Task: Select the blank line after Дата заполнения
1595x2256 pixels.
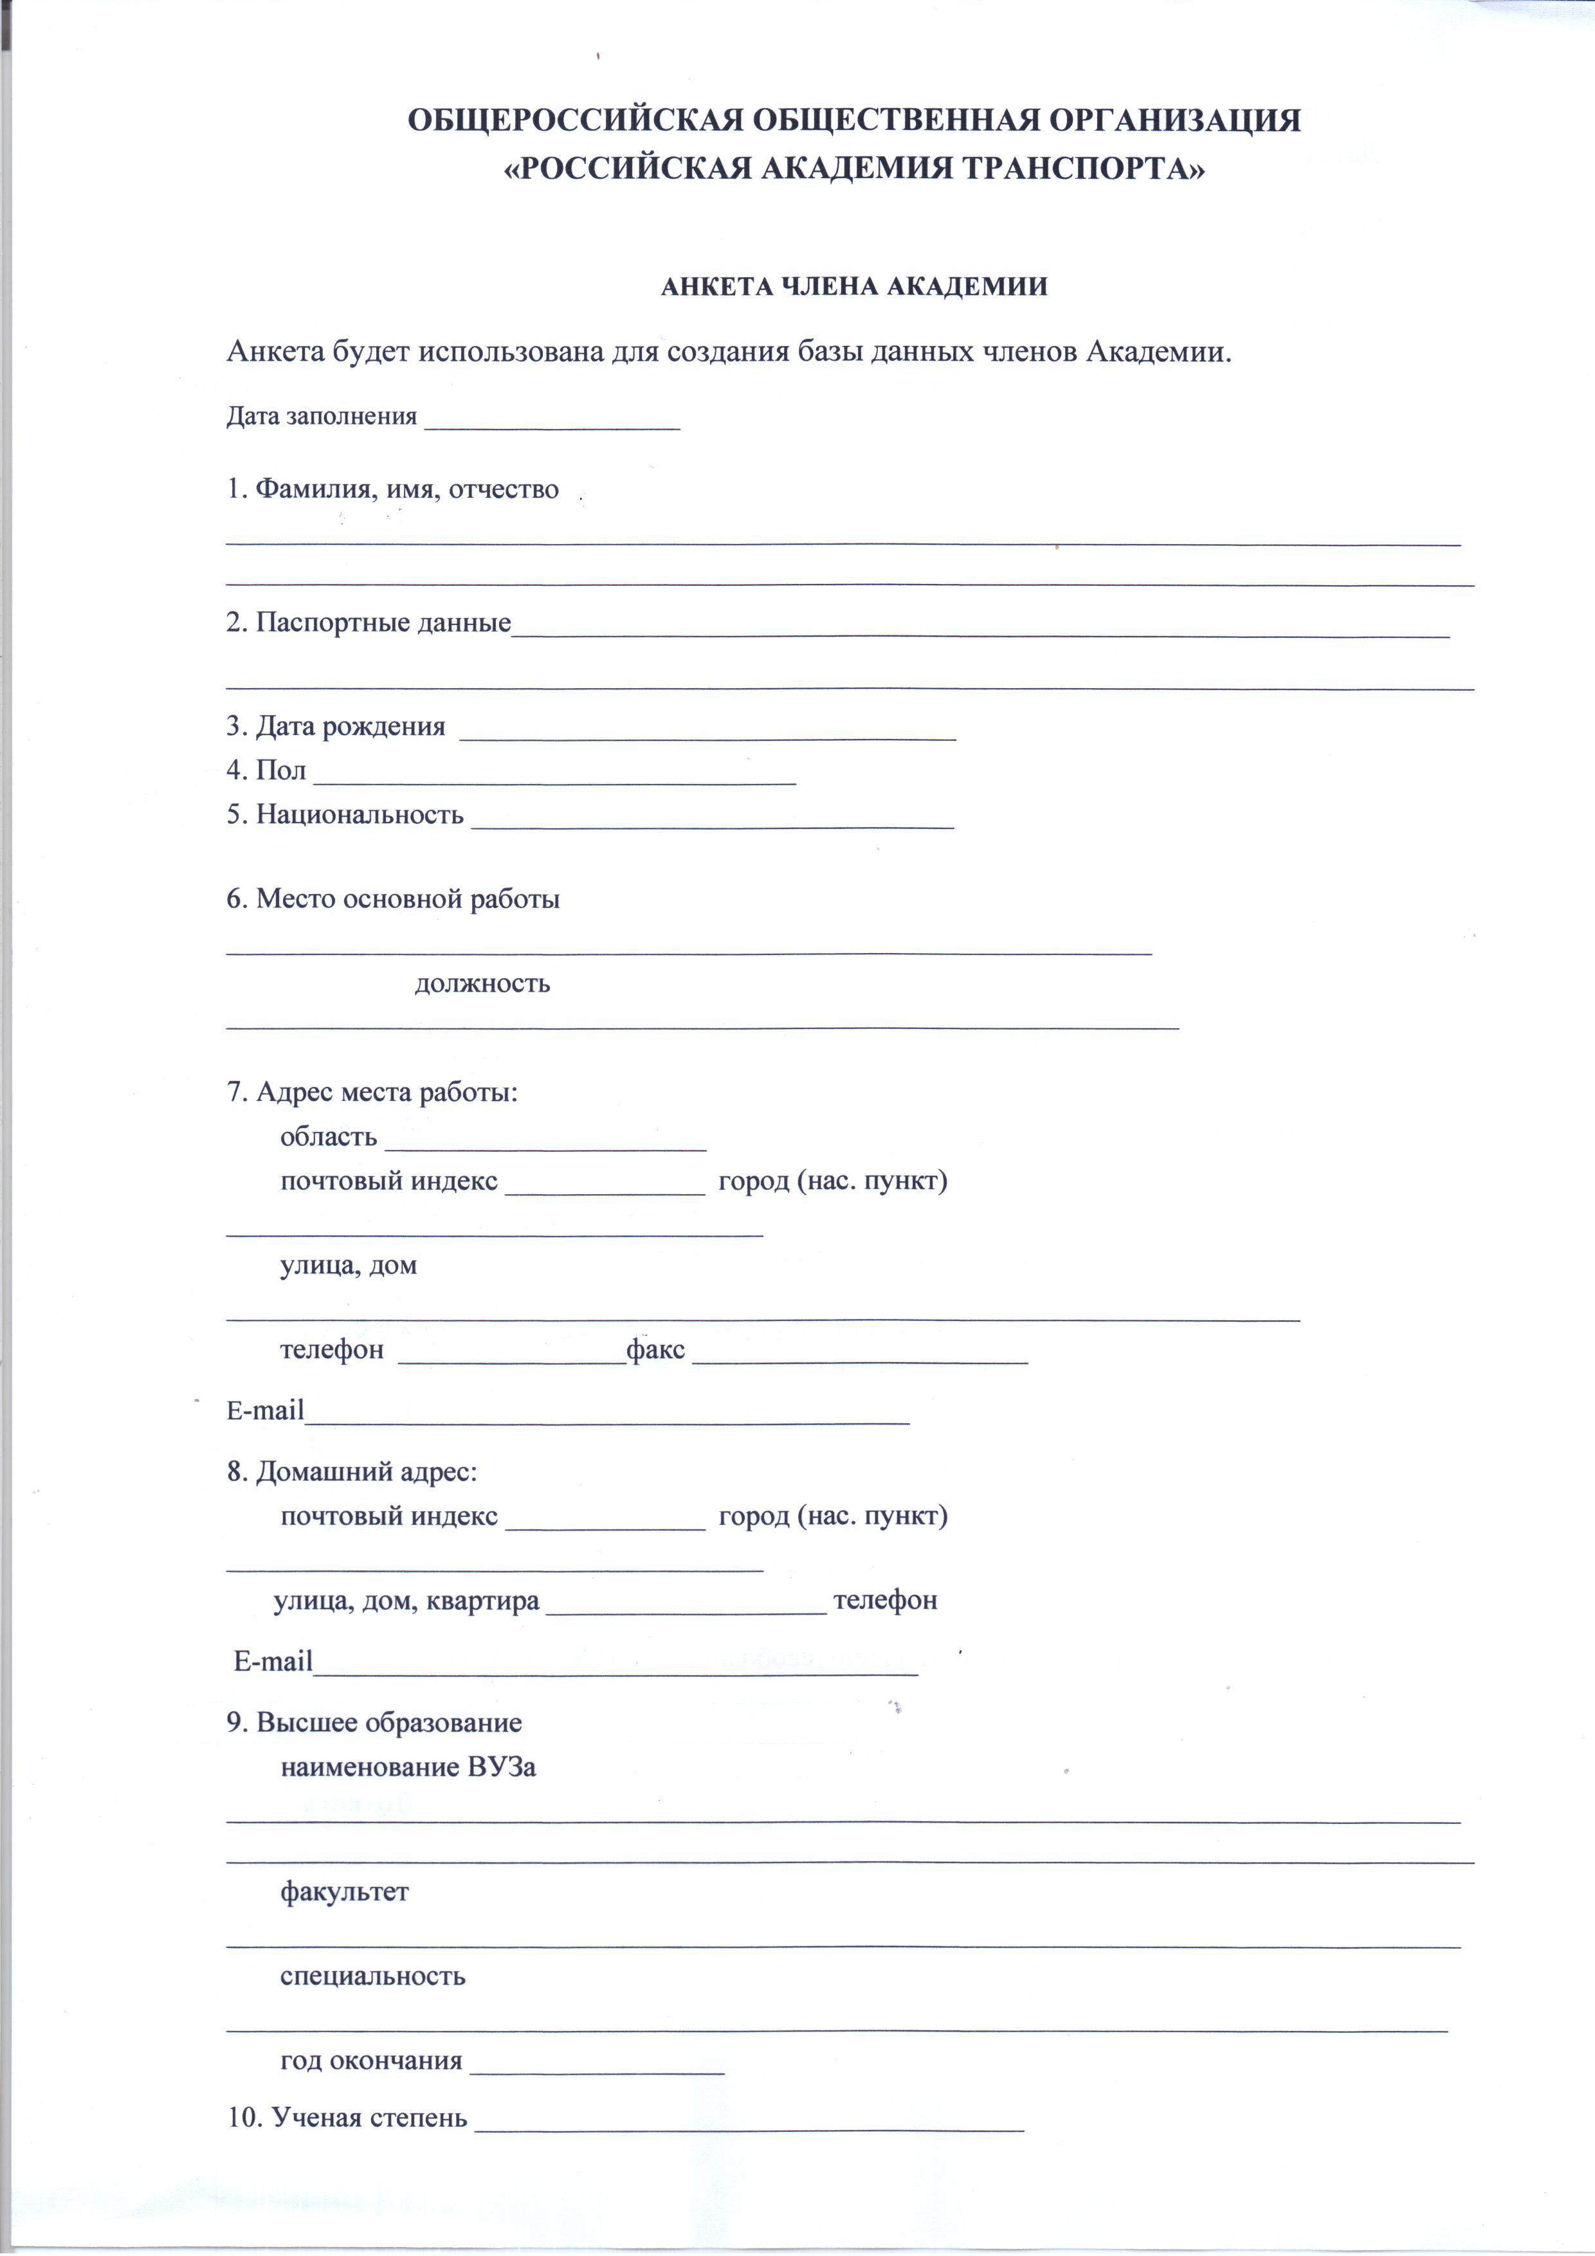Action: coord(551,423)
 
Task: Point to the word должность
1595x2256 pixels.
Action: coord(482,983)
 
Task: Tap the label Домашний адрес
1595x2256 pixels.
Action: coord(365,1472)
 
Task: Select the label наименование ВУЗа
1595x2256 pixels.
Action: coord(408,1767)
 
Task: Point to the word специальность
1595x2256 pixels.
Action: coord(372,1976)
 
